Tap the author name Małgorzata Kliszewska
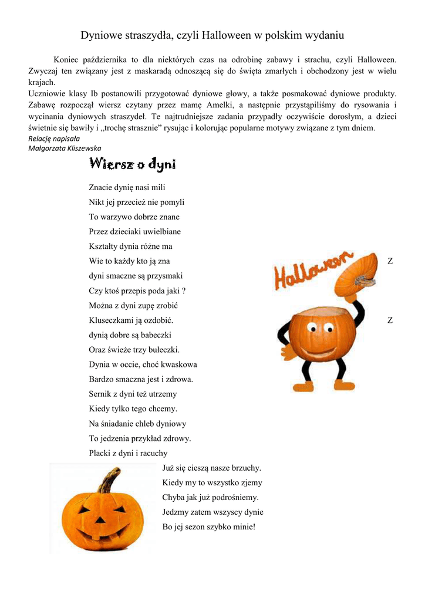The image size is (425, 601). (x=65, y=148)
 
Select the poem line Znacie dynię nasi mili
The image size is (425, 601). (x=127, y=188)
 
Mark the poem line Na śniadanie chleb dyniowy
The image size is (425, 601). (x=137, y=423)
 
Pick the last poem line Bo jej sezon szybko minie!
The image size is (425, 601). (x=209, y=526)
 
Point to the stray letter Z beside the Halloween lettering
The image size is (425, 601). (x=390, y=261)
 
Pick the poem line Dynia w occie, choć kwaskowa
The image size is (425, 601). (x=143, y=364)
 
